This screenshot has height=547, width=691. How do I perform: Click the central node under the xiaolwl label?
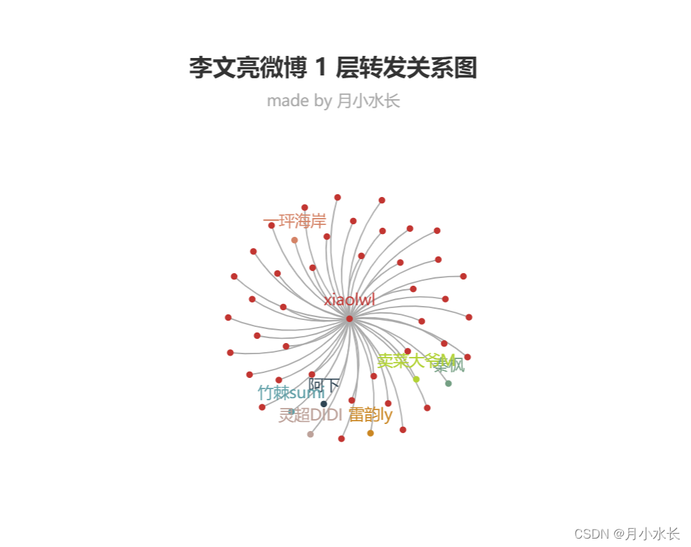(349, 319)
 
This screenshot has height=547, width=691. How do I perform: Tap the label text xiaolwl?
(349, 300)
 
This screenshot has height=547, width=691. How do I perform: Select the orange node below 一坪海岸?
(294, 240)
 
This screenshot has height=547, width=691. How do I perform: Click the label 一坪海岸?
(294, 222)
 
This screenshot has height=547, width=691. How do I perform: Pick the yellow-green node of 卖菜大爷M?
(416, 379)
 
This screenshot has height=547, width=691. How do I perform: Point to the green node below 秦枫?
(448, 384)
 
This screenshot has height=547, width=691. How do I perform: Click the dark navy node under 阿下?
(324, 404)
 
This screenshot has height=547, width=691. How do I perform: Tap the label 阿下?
(324, 386)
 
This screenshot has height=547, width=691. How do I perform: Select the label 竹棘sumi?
(290, 393)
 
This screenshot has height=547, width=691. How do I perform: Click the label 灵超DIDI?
(310, 416)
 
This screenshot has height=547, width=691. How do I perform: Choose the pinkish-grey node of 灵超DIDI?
(311, 435)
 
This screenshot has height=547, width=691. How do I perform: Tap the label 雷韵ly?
(371, 415)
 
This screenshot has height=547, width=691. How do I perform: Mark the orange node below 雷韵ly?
(371, 433)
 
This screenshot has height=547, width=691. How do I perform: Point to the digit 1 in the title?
(320, 68)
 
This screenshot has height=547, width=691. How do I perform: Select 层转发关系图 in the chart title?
(406, 68)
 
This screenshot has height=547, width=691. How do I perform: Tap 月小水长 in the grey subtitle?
(368, 101)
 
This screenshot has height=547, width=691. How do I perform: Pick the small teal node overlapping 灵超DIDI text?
(292, 411)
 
